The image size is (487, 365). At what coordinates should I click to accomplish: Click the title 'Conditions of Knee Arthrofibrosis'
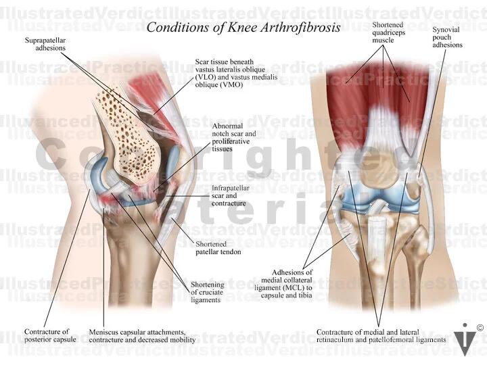click(243, 28)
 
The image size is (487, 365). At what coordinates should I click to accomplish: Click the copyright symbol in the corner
click(480, 328)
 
